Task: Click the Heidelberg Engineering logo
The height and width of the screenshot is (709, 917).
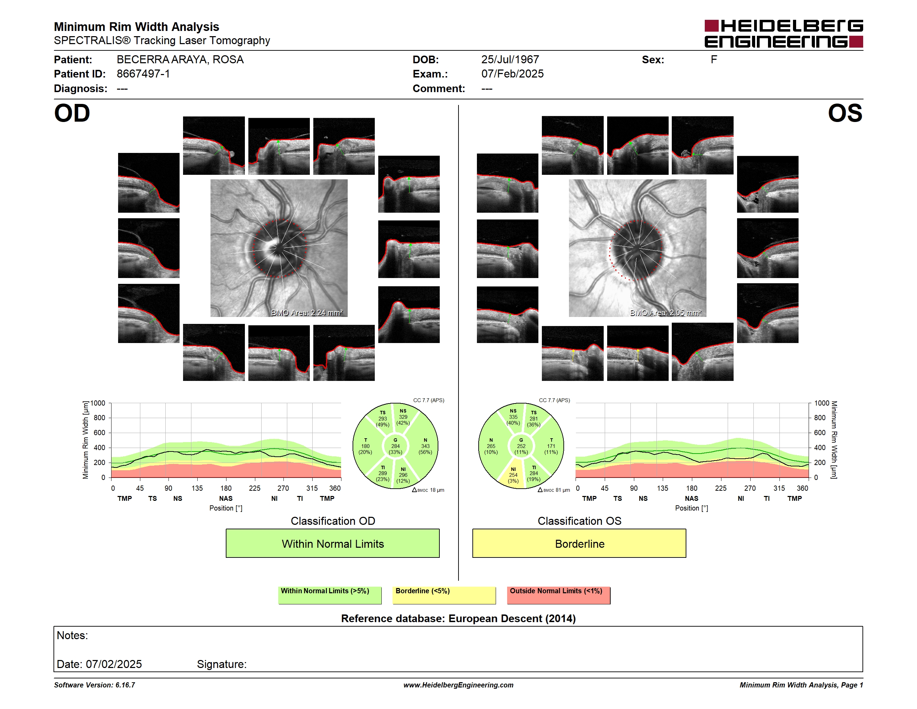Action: click(784, 34)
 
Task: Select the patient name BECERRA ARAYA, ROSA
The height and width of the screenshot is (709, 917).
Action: click(180, 60)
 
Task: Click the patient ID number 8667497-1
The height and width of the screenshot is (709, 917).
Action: click(143, 74)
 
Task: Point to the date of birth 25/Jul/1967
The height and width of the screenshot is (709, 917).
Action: click(510, 60)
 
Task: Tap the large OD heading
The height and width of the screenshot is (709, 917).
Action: click(72, 113)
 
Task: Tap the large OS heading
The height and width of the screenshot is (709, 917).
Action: click(845, 113)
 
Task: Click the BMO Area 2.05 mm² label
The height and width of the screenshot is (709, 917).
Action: click(666, 312)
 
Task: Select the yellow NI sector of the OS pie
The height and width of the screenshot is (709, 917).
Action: click(513, 475)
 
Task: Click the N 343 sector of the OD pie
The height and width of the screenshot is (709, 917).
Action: click(425, 446)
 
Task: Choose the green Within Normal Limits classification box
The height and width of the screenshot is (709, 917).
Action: click(332, 544)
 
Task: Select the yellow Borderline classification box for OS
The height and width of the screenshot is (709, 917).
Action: click(579, 544)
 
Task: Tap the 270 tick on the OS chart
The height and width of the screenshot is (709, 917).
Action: click(750, 488)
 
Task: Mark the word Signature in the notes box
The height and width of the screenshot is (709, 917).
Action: click(222, 664)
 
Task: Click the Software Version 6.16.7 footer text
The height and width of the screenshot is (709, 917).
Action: click(94, 685)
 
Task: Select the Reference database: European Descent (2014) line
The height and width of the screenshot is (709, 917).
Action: click(458, 618)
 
